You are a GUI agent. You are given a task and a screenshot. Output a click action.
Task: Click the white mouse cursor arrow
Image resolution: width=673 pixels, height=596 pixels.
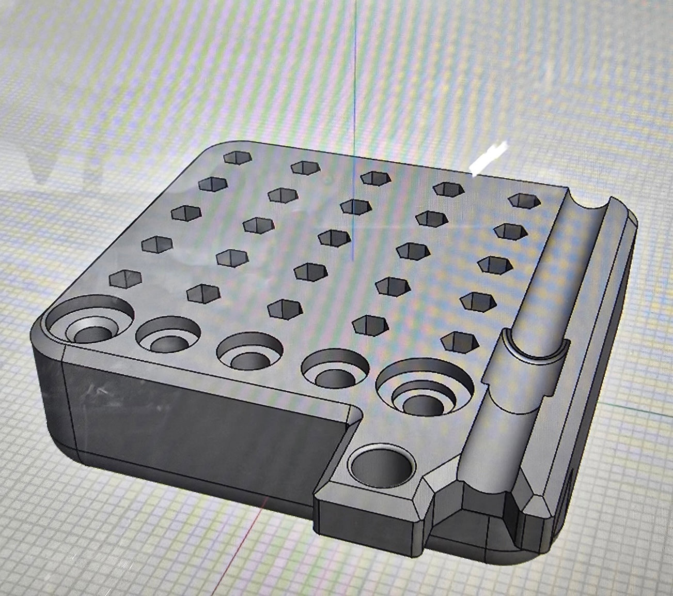click(x=488, y=158)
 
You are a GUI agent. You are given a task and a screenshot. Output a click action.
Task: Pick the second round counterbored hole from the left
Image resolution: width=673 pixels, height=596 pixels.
click(x=168, y=337)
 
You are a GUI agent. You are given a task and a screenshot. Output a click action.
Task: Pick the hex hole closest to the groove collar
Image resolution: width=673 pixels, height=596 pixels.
click(x=458, y=340)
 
